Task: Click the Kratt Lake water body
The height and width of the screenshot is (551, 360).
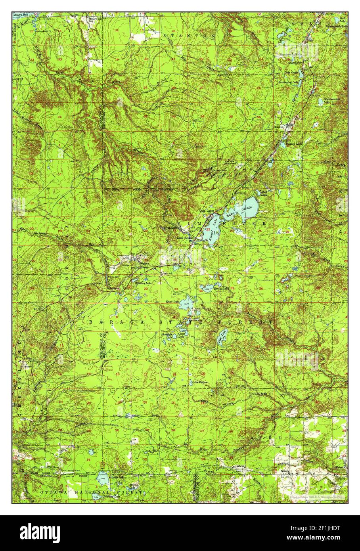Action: pyautogui.click(x=186, y=304)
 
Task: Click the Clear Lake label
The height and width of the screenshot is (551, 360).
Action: pyautogui.click(x=182, y=334)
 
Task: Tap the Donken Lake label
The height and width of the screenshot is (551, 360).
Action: pyautogui.click(x=294, y=143)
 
